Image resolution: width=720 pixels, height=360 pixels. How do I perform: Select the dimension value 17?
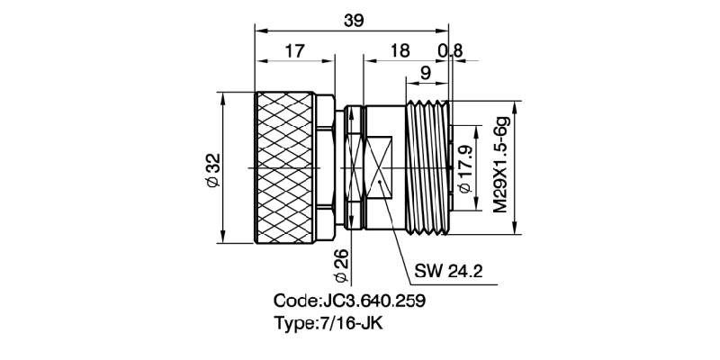pyautogui.click(x=293, y=51)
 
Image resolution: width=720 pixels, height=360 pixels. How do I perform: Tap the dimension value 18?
pyautogui.click(x=400, y=51)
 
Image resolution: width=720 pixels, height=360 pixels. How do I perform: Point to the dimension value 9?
pyautogui.click(x=424, y=72)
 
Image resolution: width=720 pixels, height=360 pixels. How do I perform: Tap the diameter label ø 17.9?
pyautogui.click(x=465, y=167)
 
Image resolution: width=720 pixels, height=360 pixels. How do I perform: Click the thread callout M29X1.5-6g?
pyautogui.click(x=500, y=166)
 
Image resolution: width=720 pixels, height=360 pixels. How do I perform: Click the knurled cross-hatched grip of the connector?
pyautogui.click(x=286, y=167)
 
